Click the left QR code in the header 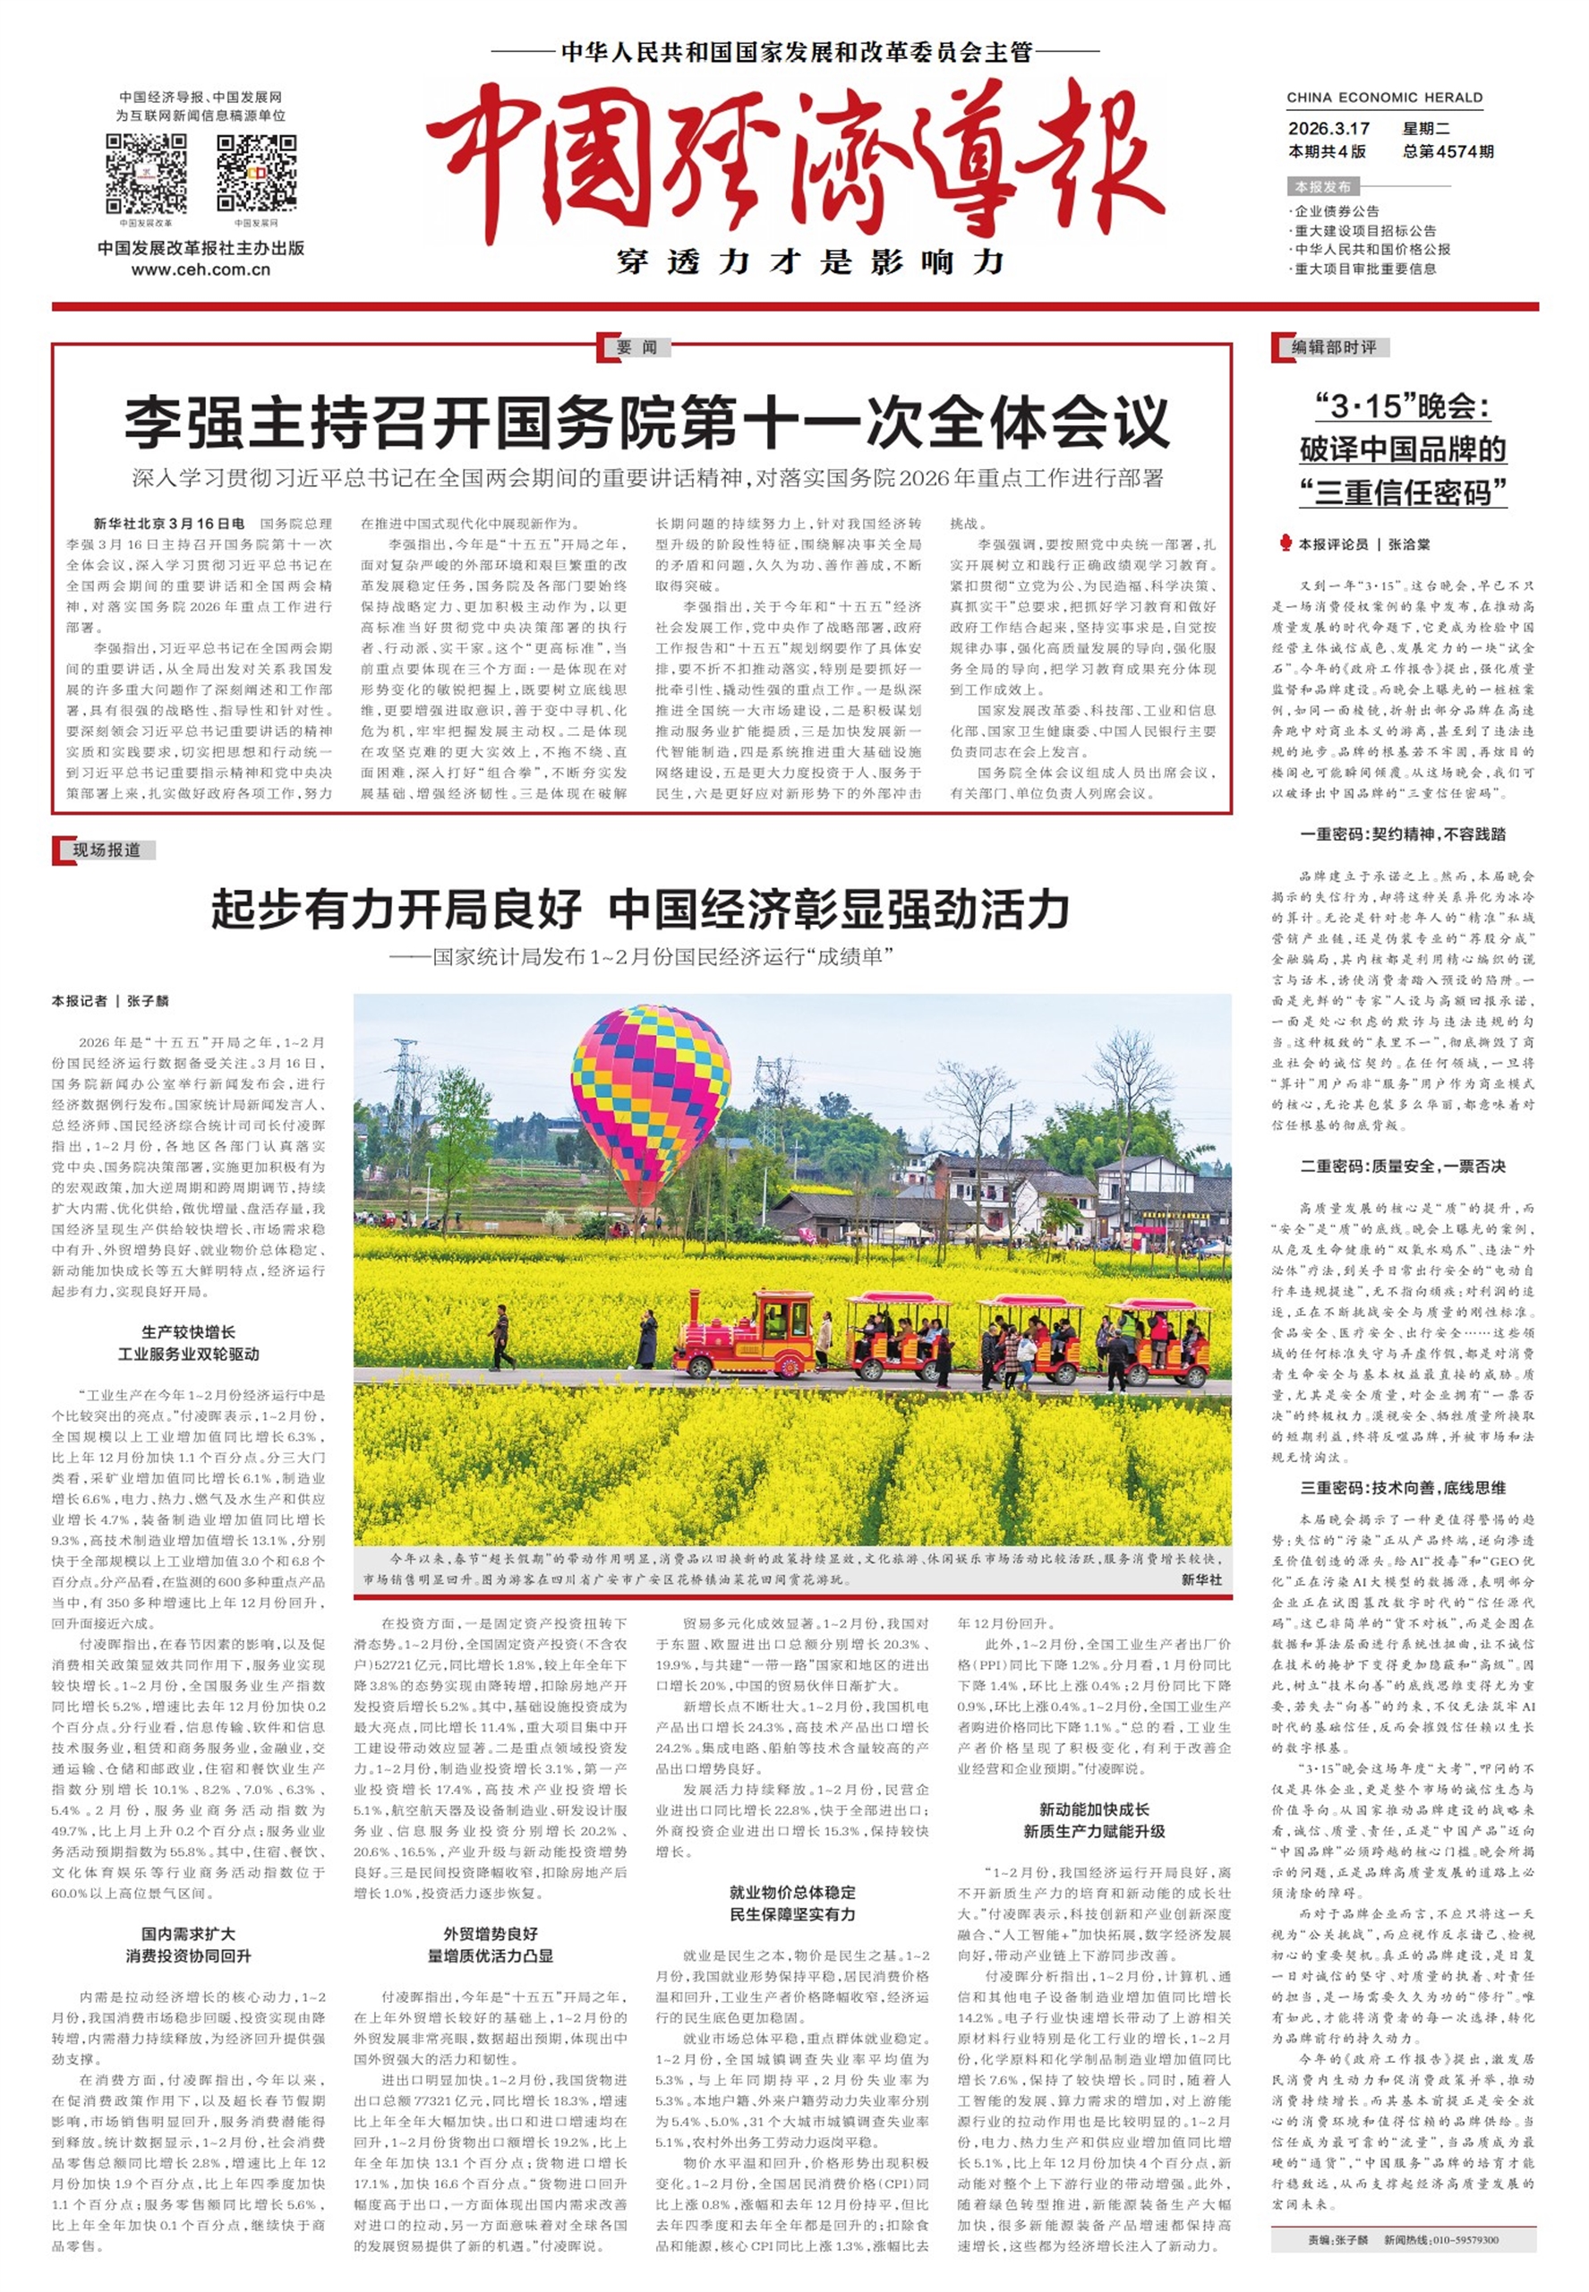click(145, 174)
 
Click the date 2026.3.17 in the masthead click(1328, 128)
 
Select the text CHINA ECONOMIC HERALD click(1384, 98)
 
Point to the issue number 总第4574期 click(1448, 152)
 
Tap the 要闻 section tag click(636, 347)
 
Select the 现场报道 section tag click(107, 851)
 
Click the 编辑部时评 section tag click(1333, 347)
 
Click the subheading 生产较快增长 click(188, 1332)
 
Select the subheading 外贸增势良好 click(490, 1934)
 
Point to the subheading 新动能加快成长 click(1093, 1809)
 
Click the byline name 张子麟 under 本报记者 click(148, 1001)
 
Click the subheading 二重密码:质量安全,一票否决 click(1403, 1166)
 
